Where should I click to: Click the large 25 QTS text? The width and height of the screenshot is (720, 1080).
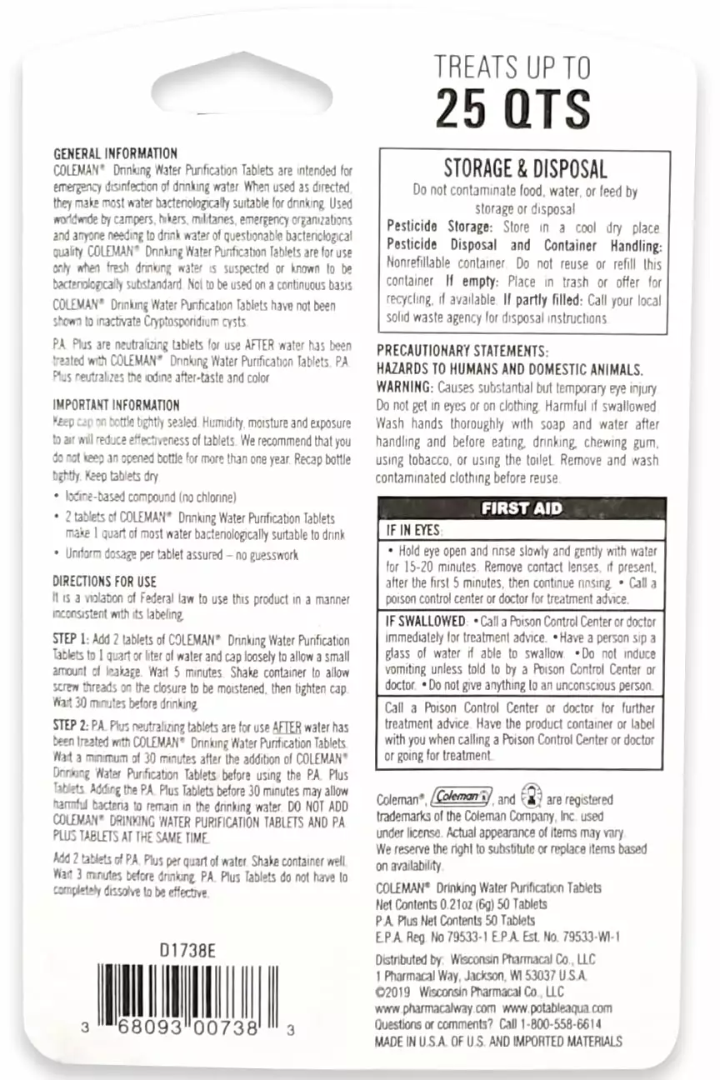pos(512,108)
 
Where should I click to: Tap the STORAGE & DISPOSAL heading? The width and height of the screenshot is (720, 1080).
pos(525,168)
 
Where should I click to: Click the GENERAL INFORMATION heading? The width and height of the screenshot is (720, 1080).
pos(115,153)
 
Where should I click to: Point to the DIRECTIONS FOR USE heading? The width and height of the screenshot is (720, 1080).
pos(104,581)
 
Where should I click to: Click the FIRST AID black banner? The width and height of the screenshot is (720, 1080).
pos(522,508)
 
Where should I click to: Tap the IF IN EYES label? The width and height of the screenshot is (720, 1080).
pos(412,531)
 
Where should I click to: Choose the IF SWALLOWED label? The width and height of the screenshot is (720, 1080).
pos(425,621)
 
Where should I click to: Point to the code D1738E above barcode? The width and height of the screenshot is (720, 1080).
pos(188,949)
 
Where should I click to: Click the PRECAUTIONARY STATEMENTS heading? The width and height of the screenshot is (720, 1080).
pos(462,351)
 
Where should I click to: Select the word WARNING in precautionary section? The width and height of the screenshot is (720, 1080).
pos(404,388)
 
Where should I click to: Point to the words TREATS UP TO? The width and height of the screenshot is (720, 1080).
pos(512,67)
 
